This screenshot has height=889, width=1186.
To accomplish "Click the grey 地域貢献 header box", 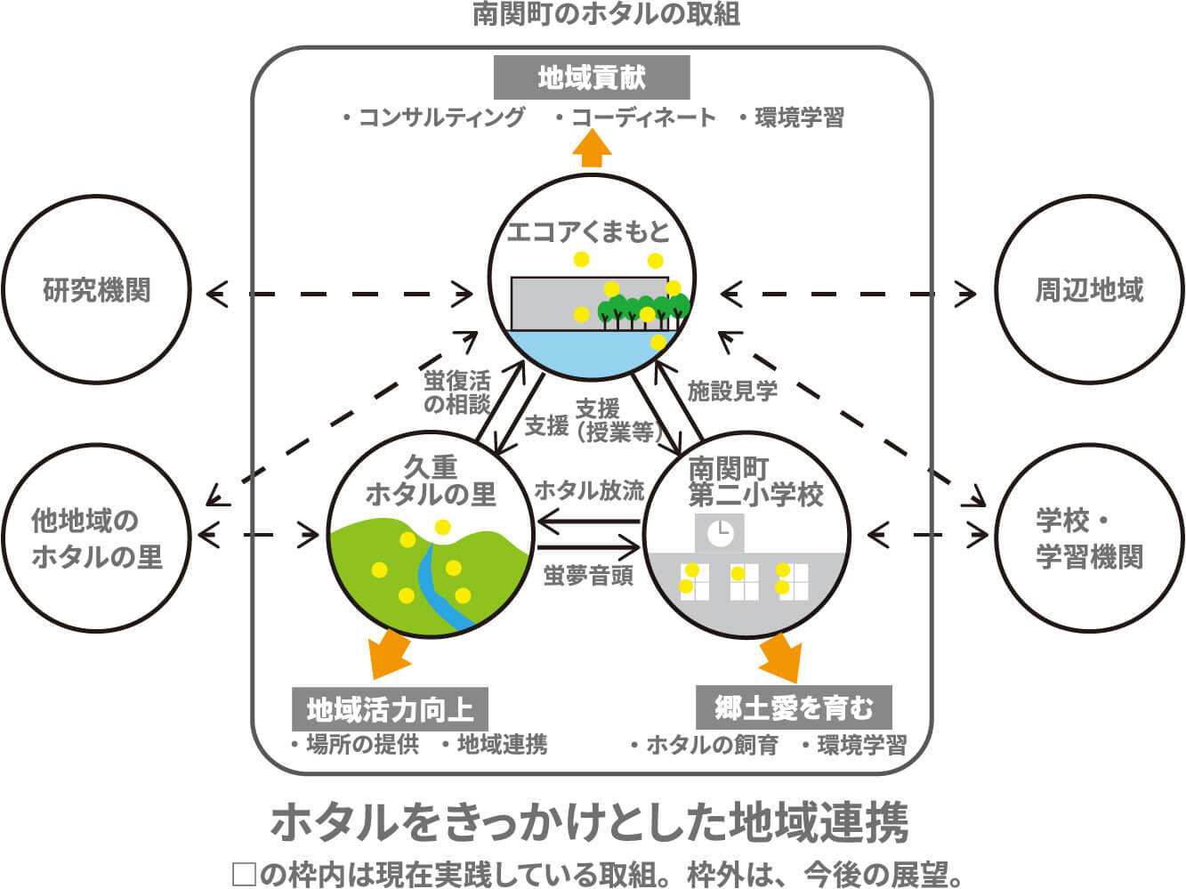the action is coord(592,77).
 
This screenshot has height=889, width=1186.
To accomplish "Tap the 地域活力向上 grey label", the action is coord(390,709).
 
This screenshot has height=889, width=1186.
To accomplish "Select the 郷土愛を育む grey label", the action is coord(794,707).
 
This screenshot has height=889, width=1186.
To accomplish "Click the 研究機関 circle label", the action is coord(97,290).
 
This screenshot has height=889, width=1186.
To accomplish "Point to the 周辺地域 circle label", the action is coord(1089,290).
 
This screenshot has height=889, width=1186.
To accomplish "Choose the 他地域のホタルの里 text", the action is coord(97,538).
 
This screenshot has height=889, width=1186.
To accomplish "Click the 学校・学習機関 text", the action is coord(1089,538).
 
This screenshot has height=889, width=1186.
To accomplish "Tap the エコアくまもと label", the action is coord(588,231).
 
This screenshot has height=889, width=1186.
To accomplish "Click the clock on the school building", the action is coord(721,533).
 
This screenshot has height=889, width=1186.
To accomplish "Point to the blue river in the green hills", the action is coord(439,586).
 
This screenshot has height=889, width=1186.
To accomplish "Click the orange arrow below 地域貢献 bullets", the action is coord(593,148).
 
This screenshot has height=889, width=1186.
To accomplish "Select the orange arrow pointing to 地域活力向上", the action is coord(389,653).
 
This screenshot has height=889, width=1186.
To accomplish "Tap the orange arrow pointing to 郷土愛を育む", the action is coord(781,657).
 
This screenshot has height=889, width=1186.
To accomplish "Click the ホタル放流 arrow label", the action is coord(590,490).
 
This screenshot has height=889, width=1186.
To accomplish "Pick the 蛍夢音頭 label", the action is coord(588,576).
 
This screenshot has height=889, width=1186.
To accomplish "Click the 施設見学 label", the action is coord(732,391).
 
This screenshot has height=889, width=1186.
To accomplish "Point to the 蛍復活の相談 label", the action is coord(457,392).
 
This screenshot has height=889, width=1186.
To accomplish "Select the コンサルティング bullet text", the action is coord(434,117).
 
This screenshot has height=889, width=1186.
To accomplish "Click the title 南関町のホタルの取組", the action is coord(606,13).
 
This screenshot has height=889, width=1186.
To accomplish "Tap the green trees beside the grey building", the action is coord(643,311).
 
